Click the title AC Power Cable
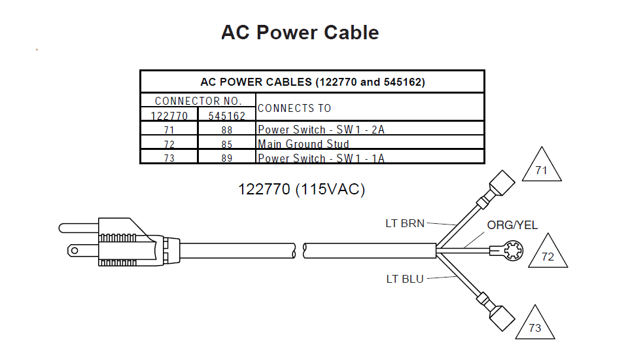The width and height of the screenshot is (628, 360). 300,33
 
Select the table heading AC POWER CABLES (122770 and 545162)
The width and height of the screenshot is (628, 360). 312,82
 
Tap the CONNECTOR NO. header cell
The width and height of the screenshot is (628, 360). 198,101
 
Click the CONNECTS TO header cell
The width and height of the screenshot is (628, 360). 294,108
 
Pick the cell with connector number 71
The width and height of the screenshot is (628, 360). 169,130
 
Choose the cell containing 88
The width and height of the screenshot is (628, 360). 226,130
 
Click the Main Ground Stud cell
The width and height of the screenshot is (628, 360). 304,144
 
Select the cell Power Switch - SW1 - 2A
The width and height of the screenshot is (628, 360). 321,130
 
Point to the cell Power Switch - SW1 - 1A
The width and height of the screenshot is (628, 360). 321,158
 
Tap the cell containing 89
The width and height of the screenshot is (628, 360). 226,158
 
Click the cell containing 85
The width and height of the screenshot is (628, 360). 226,144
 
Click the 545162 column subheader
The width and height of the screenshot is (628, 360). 226,116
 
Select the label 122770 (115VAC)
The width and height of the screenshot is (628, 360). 302,190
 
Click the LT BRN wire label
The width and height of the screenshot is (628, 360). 405,224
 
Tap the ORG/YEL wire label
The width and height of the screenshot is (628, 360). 512,225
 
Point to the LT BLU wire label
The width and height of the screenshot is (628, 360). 405,279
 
